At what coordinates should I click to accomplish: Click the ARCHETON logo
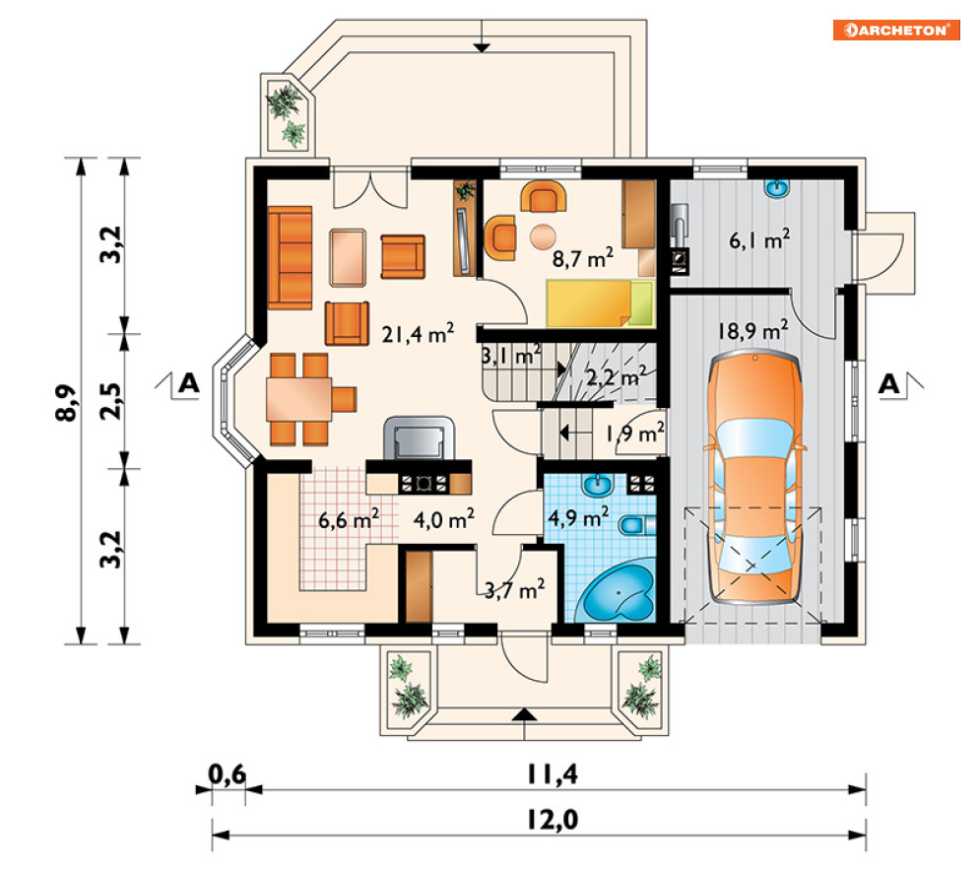tap(895, 30)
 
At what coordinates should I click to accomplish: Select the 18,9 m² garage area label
tap(752, 329)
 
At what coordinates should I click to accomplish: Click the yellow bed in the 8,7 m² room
tap(600, 303)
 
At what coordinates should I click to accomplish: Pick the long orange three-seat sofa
tap(290, 257)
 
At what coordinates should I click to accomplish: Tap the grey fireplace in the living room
tap(419, 437)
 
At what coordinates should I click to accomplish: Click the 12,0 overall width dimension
tap(552, 819)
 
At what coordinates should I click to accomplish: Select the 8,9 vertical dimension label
tap(66, 403)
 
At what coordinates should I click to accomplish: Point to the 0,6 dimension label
tap(227, 774)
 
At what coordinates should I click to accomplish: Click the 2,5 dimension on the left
tap(110, 400)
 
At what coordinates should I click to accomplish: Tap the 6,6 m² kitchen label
tap(348, 519)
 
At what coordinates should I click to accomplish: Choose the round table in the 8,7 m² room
tap(543, 237)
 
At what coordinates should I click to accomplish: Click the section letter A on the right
tap(888, 384)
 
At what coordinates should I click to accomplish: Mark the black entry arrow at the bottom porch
tap(525, 715)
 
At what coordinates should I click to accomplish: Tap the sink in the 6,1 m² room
tap(777, 187)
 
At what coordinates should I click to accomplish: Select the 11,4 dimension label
tap(553, 774)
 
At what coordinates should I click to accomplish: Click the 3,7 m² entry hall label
tap(514, 589)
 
